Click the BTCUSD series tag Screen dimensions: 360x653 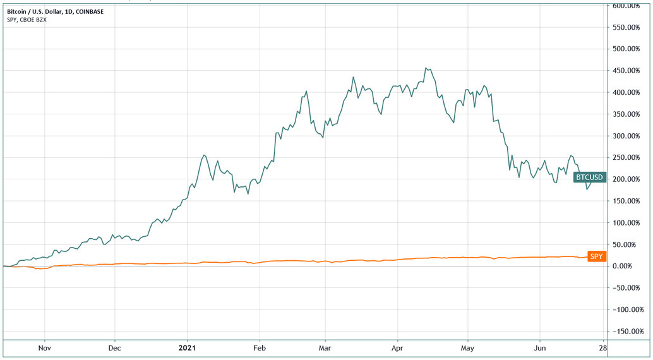click(x=590, y=178)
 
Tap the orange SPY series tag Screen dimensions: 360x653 click(x=596, y=256)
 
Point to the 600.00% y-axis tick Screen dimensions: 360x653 click(x=628, y=6)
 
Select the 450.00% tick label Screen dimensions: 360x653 click(x=628, y=71)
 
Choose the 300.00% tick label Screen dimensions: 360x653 click(x=628, y=136)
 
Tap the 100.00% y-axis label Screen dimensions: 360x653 click(x=628, y=223)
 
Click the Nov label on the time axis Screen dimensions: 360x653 click(x=44, y=347)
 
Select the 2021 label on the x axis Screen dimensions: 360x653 click(x=187, y=347)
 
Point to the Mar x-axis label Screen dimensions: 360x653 click(x=325, y=347)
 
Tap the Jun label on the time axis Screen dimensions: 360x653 click(x=540, y=347)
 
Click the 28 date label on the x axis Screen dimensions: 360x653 click(x=602, y=347)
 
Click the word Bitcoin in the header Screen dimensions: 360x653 click(x=16, y=10)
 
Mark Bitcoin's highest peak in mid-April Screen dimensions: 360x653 click(x=427, y=68)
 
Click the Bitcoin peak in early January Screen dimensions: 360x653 click(x=203, y=155)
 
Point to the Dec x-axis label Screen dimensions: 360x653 click(x=114, y=347)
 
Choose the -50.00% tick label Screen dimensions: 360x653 click(x=628, y=288)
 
